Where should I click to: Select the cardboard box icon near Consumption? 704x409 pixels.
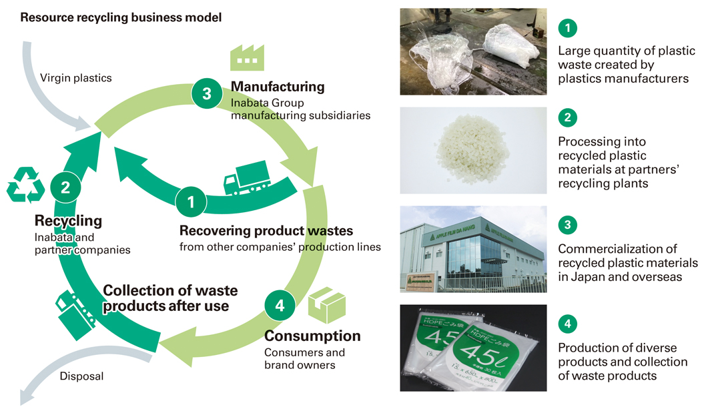pyautogui.click(x=326, y=306)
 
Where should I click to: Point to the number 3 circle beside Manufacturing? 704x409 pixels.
pyautogui.click(x=206, y=94)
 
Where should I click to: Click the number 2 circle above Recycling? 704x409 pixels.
pyautogui.click(x=65, y=187)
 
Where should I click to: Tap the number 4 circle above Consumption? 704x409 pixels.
pyautogui.click(x=280, y=306)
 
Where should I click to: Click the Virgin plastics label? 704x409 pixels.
pyautogui.click(x=76, y=78)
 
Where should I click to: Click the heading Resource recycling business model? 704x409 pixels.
pyautogui.click(x=121, y=17)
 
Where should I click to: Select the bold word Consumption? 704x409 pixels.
pyautogui.click(x=312, y=336)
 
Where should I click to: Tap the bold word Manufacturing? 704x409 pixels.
pyautogui.click(x=278, y=87)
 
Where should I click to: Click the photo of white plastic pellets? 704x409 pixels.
pyautogui.click(x=473, y=151)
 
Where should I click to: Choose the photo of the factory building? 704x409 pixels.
pyautogui.click(x=473, y=250)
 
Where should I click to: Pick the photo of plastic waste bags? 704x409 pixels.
pyautogui.click(x=473, y=51)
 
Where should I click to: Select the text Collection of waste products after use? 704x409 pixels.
pyautogui.click(x=170, y=298)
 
